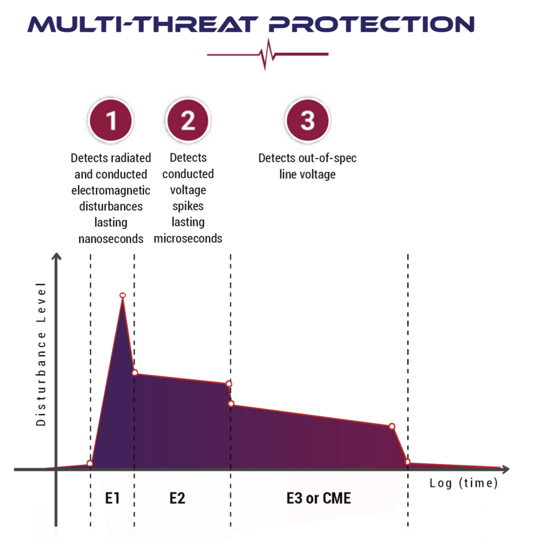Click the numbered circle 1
[x=111, y=121]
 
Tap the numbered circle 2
[x=187, y=121]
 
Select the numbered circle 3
[x=307, y=121]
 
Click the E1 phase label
[x=112, y=498]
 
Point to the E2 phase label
[x=177, y=498]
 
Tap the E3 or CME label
[x=319, y=498]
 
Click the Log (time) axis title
[x=463, y=483]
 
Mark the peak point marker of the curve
[x=123, y=295]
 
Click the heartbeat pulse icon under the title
[x=267, y=55]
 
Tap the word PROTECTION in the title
[x=371, y=24]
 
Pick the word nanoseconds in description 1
[x=110, y=238]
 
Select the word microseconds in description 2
[x=188, y=238]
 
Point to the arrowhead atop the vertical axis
[x=57, y=256]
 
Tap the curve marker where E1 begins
[x=90, y=463]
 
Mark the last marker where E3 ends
[x=408, y=462]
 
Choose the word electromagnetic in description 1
[x=110, y=190]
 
